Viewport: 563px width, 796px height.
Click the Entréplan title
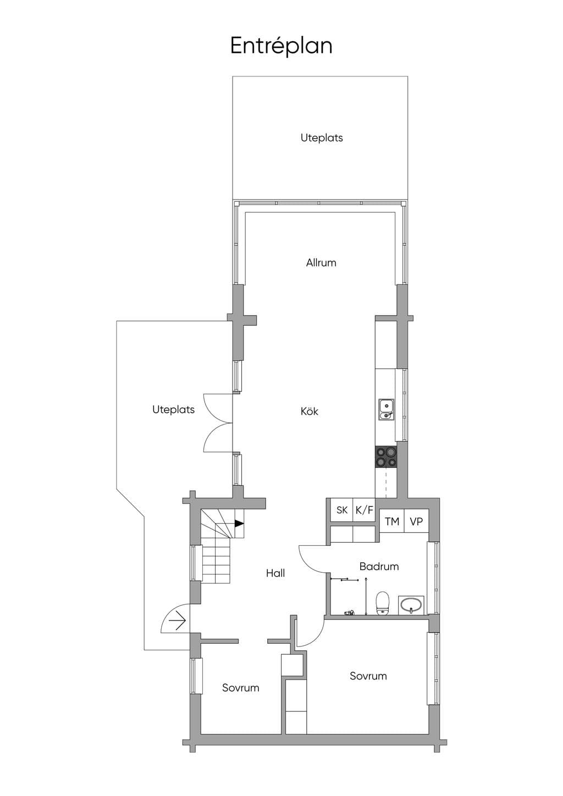[x=281, y=46]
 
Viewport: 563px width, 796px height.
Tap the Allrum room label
[x=321, y=263]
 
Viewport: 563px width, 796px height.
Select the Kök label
[x=309, y=412]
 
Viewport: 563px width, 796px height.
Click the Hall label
[x=275, y=573]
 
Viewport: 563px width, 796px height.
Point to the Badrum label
[x=379, y=566]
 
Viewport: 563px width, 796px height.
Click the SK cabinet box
[x=341, y=510]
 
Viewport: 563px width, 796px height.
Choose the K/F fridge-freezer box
[x=365, y=510]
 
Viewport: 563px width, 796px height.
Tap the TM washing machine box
[x=392, y=522]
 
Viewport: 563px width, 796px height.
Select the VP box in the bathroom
[x=416, y=522]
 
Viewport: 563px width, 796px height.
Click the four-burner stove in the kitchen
[x=386, y=457]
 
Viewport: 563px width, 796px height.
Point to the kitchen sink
[x=387, y=410]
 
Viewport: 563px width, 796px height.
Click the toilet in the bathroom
[x=383, y=603]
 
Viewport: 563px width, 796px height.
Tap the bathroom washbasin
[x=411, y=605]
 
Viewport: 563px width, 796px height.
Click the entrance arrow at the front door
[x=178, y=622]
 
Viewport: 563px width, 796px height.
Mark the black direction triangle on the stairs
[x=239, y=523]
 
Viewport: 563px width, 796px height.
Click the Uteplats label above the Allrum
[x=322, y=138]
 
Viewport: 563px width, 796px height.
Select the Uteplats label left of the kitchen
[x=173, y=410]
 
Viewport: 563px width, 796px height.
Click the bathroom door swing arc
[x=308, y=563]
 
